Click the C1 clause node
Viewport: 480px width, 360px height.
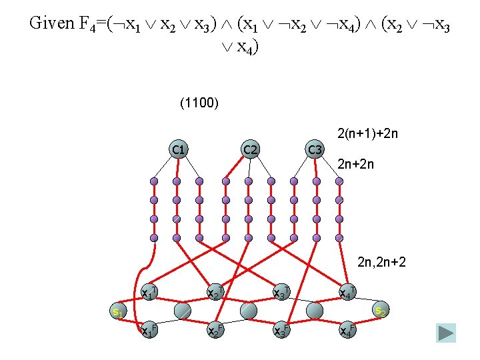pyautogui.click(x=178, y=149)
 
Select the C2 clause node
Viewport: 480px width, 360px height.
pyautogui.click(x=250, y=149)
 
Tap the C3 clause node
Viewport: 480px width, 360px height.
pyautogui.click(x=315, y=149)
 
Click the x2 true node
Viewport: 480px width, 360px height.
pyautogui.click(x=215, y=292)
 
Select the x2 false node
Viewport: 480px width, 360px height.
pyautogui.click(x=215, y=329)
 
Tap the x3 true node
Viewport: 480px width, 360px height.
pyautogui.click(x=281, y=292)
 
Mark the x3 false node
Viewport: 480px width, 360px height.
pyautogui.click(x=281, y=329)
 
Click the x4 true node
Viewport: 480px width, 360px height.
pyautogui.click(x=347, y=292)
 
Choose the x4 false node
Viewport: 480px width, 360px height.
pyautogui.click(x=347, y=329)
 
